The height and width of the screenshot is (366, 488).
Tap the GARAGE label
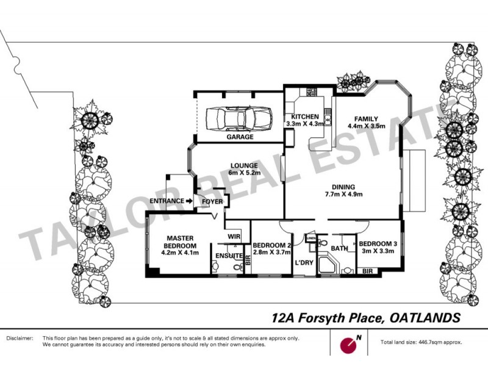point(240,138)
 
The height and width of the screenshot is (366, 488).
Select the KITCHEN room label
point(304,117)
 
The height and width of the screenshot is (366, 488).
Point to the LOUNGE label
point(243,165)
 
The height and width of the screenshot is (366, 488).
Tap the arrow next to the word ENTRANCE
point(188,200)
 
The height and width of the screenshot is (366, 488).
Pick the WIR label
point(232,235)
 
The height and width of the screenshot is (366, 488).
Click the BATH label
point(339,249)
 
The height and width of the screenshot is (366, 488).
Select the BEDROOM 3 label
point(378,244)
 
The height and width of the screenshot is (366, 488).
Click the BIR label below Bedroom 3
point(368,270)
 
